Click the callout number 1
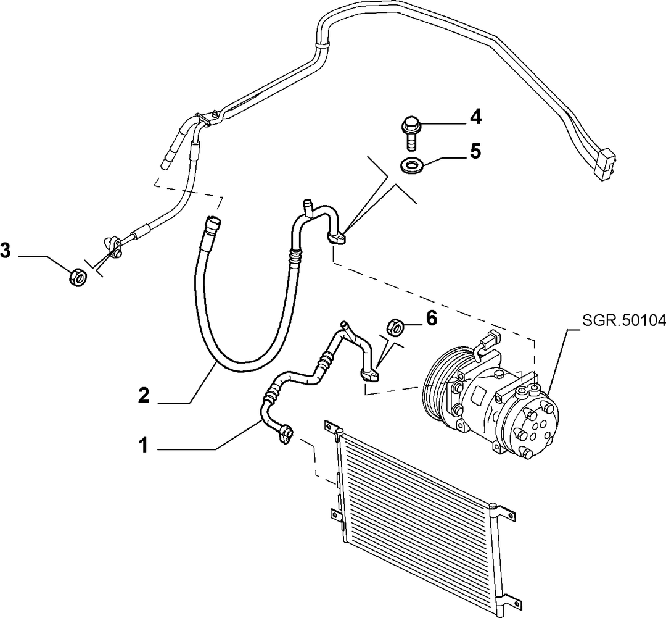coord(144,446)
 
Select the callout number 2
coord(144,396)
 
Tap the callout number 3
coord(6,250)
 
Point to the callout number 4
coord(475,117)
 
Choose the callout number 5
coord(475,151)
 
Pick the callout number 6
coord(430,318)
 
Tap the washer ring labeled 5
coord(413,165)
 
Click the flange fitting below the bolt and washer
coord(337,238)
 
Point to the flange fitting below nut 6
coord(371,375)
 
